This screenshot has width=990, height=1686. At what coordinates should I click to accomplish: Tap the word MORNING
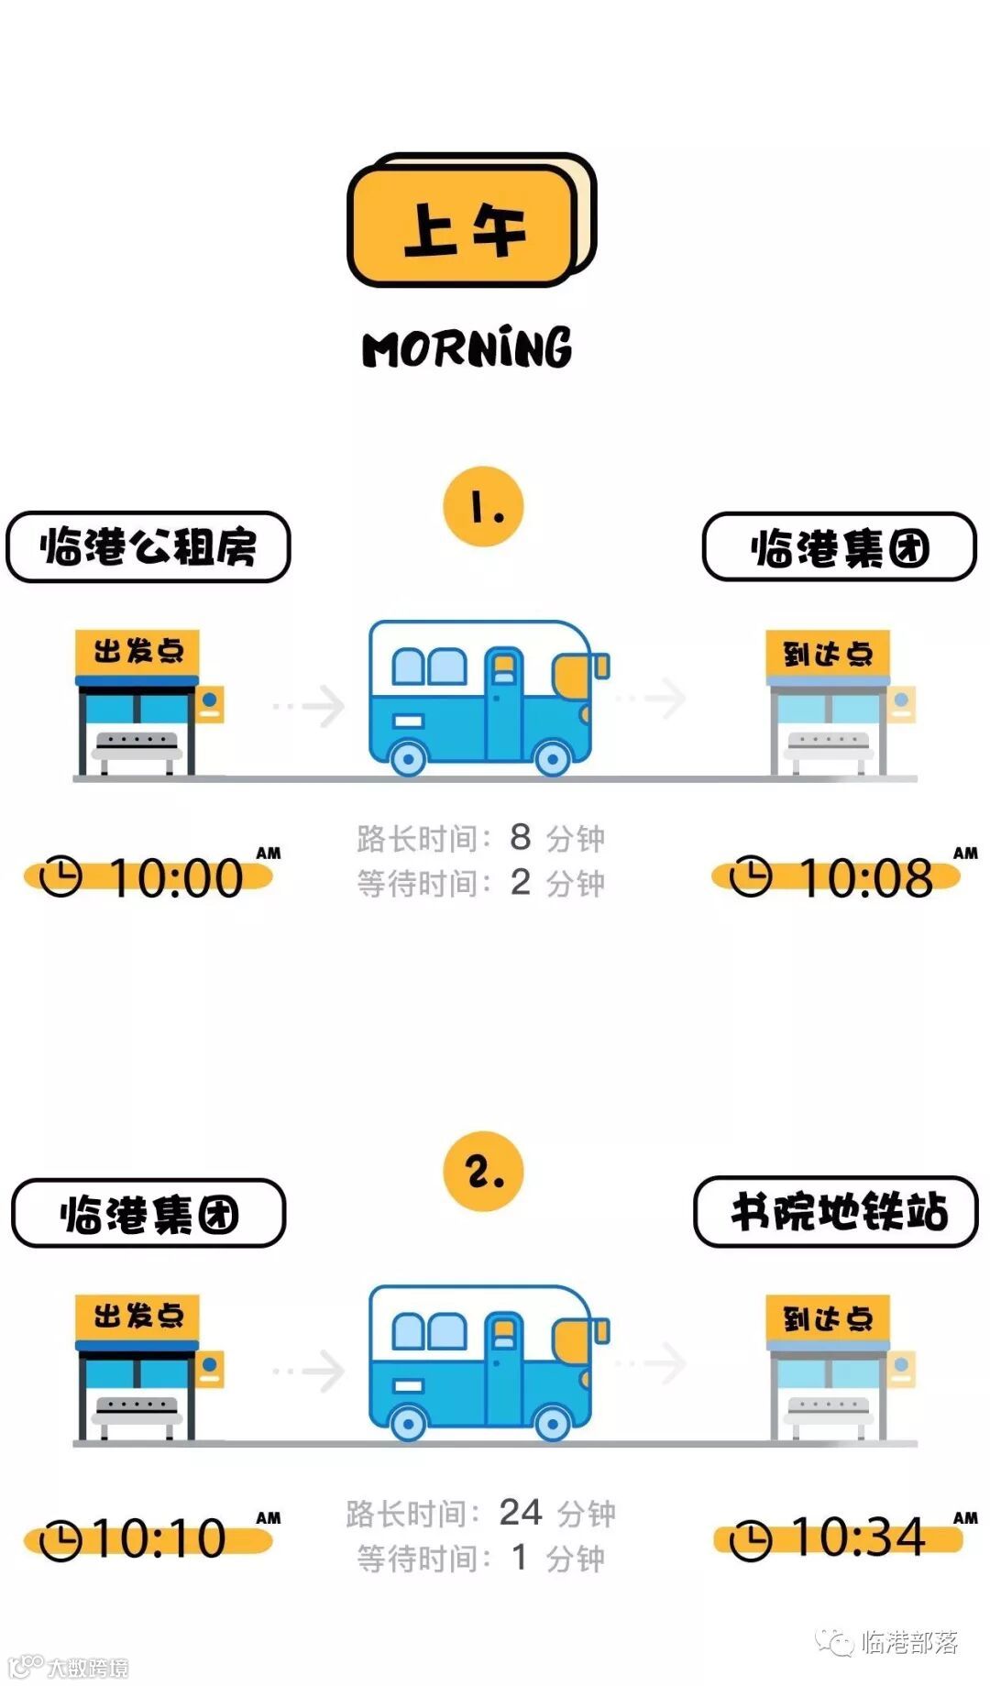(x=467, y=348)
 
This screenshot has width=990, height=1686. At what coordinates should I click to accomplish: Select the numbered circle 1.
(x=483, y=507)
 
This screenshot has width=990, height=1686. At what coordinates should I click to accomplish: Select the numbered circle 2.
(x=483, y=1171)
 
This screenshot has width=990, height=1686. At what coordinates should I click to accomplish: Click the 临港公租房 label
(x=148, y=547)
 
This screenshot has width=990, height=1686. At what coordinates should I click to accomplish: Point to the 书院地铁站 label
(x=837, y=1212)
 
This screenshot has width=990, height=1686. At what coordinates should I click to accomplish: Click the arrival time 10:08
(x=865, y=877)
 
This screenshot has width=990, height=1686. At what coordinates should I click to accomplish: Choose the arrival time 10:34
(x=858, y=1537)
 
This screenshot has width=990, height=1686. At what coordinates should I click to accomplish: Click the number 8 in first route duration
(x=520, y=836)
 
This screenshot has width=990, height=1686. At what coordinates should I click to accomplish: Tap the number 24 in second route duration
(x=520, y=1512)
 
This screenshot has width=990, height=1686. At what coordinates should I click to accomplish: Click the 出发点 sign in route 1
(x=137, y=652)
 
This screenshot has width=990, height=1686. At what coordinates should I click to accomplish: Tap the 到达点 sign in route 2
(x=828, y=1318)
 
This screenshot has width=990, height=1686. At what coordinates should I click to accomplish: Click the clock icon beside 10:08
(x=750, y=876)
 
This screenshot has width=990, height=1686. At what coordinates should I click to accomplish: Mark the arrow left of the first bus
(x=312, y=705)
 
